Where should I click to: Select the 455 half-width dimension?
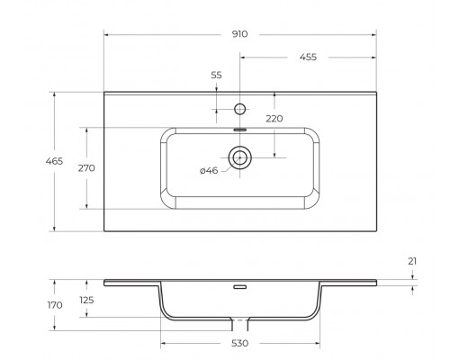(307, 57)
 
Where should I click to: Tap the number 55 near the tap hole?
(216, 76)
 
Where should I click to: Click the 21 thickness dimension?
(413, 261)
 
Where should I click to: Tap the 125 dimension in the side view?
(87, 301)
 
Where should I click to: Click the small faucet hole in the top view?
(240, 110)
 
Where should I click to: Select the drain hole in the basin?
(240, 158)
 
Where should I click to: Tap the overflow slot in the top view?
(240, 129)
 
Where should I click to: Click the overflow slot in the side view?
(240, 289)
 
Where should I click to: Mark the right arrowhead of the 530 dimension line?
(317, 343)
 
